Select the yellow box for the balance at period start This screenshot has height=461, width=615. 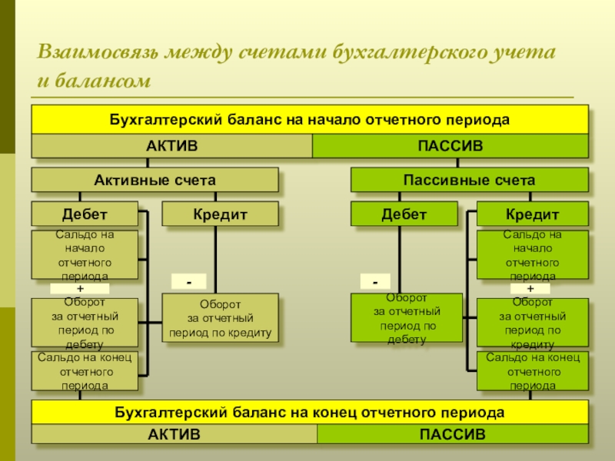[x=309, y=121]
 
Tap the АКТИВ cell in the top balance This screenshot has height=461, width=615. [x=171, y=146]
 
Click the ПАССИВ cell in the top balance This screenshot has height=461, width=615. [x=450, y=146]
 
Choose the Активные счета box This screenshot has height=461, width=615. [x=155, y=181]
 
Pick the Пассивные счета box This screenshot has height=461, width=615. [x=469, y=181]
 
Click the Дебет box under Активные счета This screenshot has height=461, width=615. [x=85, y=214]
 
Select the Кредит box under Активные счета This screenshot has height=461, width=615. [x=220, y=214]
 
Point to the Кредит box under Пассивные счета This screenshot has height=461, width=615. [x=532, y=214]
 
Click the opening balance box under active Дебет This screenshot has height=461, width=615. [x=85, y=254]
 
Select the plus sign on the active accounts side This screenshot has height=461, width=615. [x=80, y=288]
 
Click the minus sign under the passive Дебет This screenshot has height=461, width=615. [x=375, y=282]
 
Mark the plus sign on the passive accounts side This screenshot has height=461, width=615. [x=530, y=288]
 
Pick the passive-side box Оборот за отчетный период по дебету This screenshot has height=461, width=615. [x=407, y=317]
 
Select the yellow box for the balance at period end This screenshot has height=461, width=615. [x=309, y=413]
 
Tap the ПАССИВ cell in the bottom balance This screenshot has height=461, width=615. [x=453, y=435]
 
